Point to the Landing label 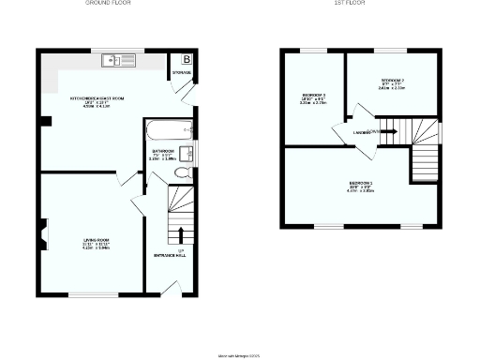(x=361, y=132)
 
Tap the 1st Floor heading (x=351, y=4)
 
